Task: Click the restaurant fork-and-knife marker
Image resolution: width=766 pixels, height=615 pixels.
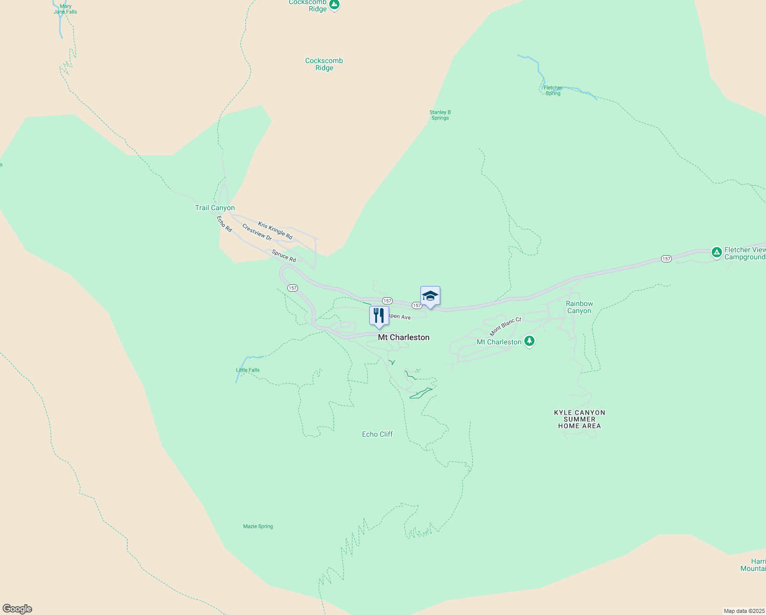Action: coord(379,316)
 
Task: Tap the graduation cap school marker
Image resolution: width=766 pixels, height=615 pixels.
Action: coord(430,296)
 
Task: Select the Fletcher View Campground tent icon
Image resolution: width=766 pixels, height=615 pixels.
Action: coord(717,252)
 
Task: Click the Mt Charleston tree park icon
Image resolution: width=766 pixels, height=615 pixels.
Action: coord(529,341)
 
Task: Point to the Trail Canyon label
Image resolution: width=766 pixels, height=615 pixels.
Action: coord(215,208)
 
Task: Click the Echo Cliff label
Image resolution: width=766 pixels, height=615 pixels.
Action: coord(377,434)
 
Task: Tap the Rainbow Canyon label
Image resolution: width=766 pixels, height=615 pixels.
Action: coord(579,307)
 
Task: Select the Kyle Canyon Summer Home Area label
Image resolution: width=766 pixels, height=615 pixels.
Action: coord(580,419)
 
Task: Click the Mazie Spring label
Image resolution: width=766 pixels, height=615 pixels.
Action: coord(258,526)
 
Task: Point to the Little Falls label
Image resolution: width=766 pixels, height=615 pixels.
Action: coord(248,370)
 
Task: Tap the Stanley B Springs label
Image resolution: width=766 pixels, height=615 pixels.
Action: coord(440,115)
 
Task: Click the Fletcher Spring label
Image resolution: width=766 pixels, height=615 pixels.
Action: coord(553,91)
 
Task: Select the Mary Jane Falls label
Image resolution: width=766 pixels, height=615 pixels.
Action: coord(66,9)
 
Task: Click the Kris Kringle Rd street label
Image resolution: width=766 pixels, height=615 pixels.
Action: coord(275,231)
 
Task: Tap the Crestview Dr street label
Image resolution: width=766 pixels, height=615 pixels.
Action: coord(257,232)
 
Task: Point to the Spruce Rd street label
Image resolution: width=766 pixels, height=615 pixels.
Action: coord(284,256)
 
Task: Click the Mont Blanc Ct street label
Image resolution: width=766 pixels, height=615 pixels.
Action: coord(505,326)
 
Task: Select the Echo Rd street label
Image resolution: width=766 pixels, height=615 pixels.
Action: coord(224,224)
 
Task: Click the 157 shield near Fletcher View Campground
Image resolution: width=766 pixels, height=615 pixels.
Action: coord(666,259)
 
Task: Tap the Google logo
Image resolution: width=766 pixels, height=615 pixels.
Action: coord(17,609)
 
